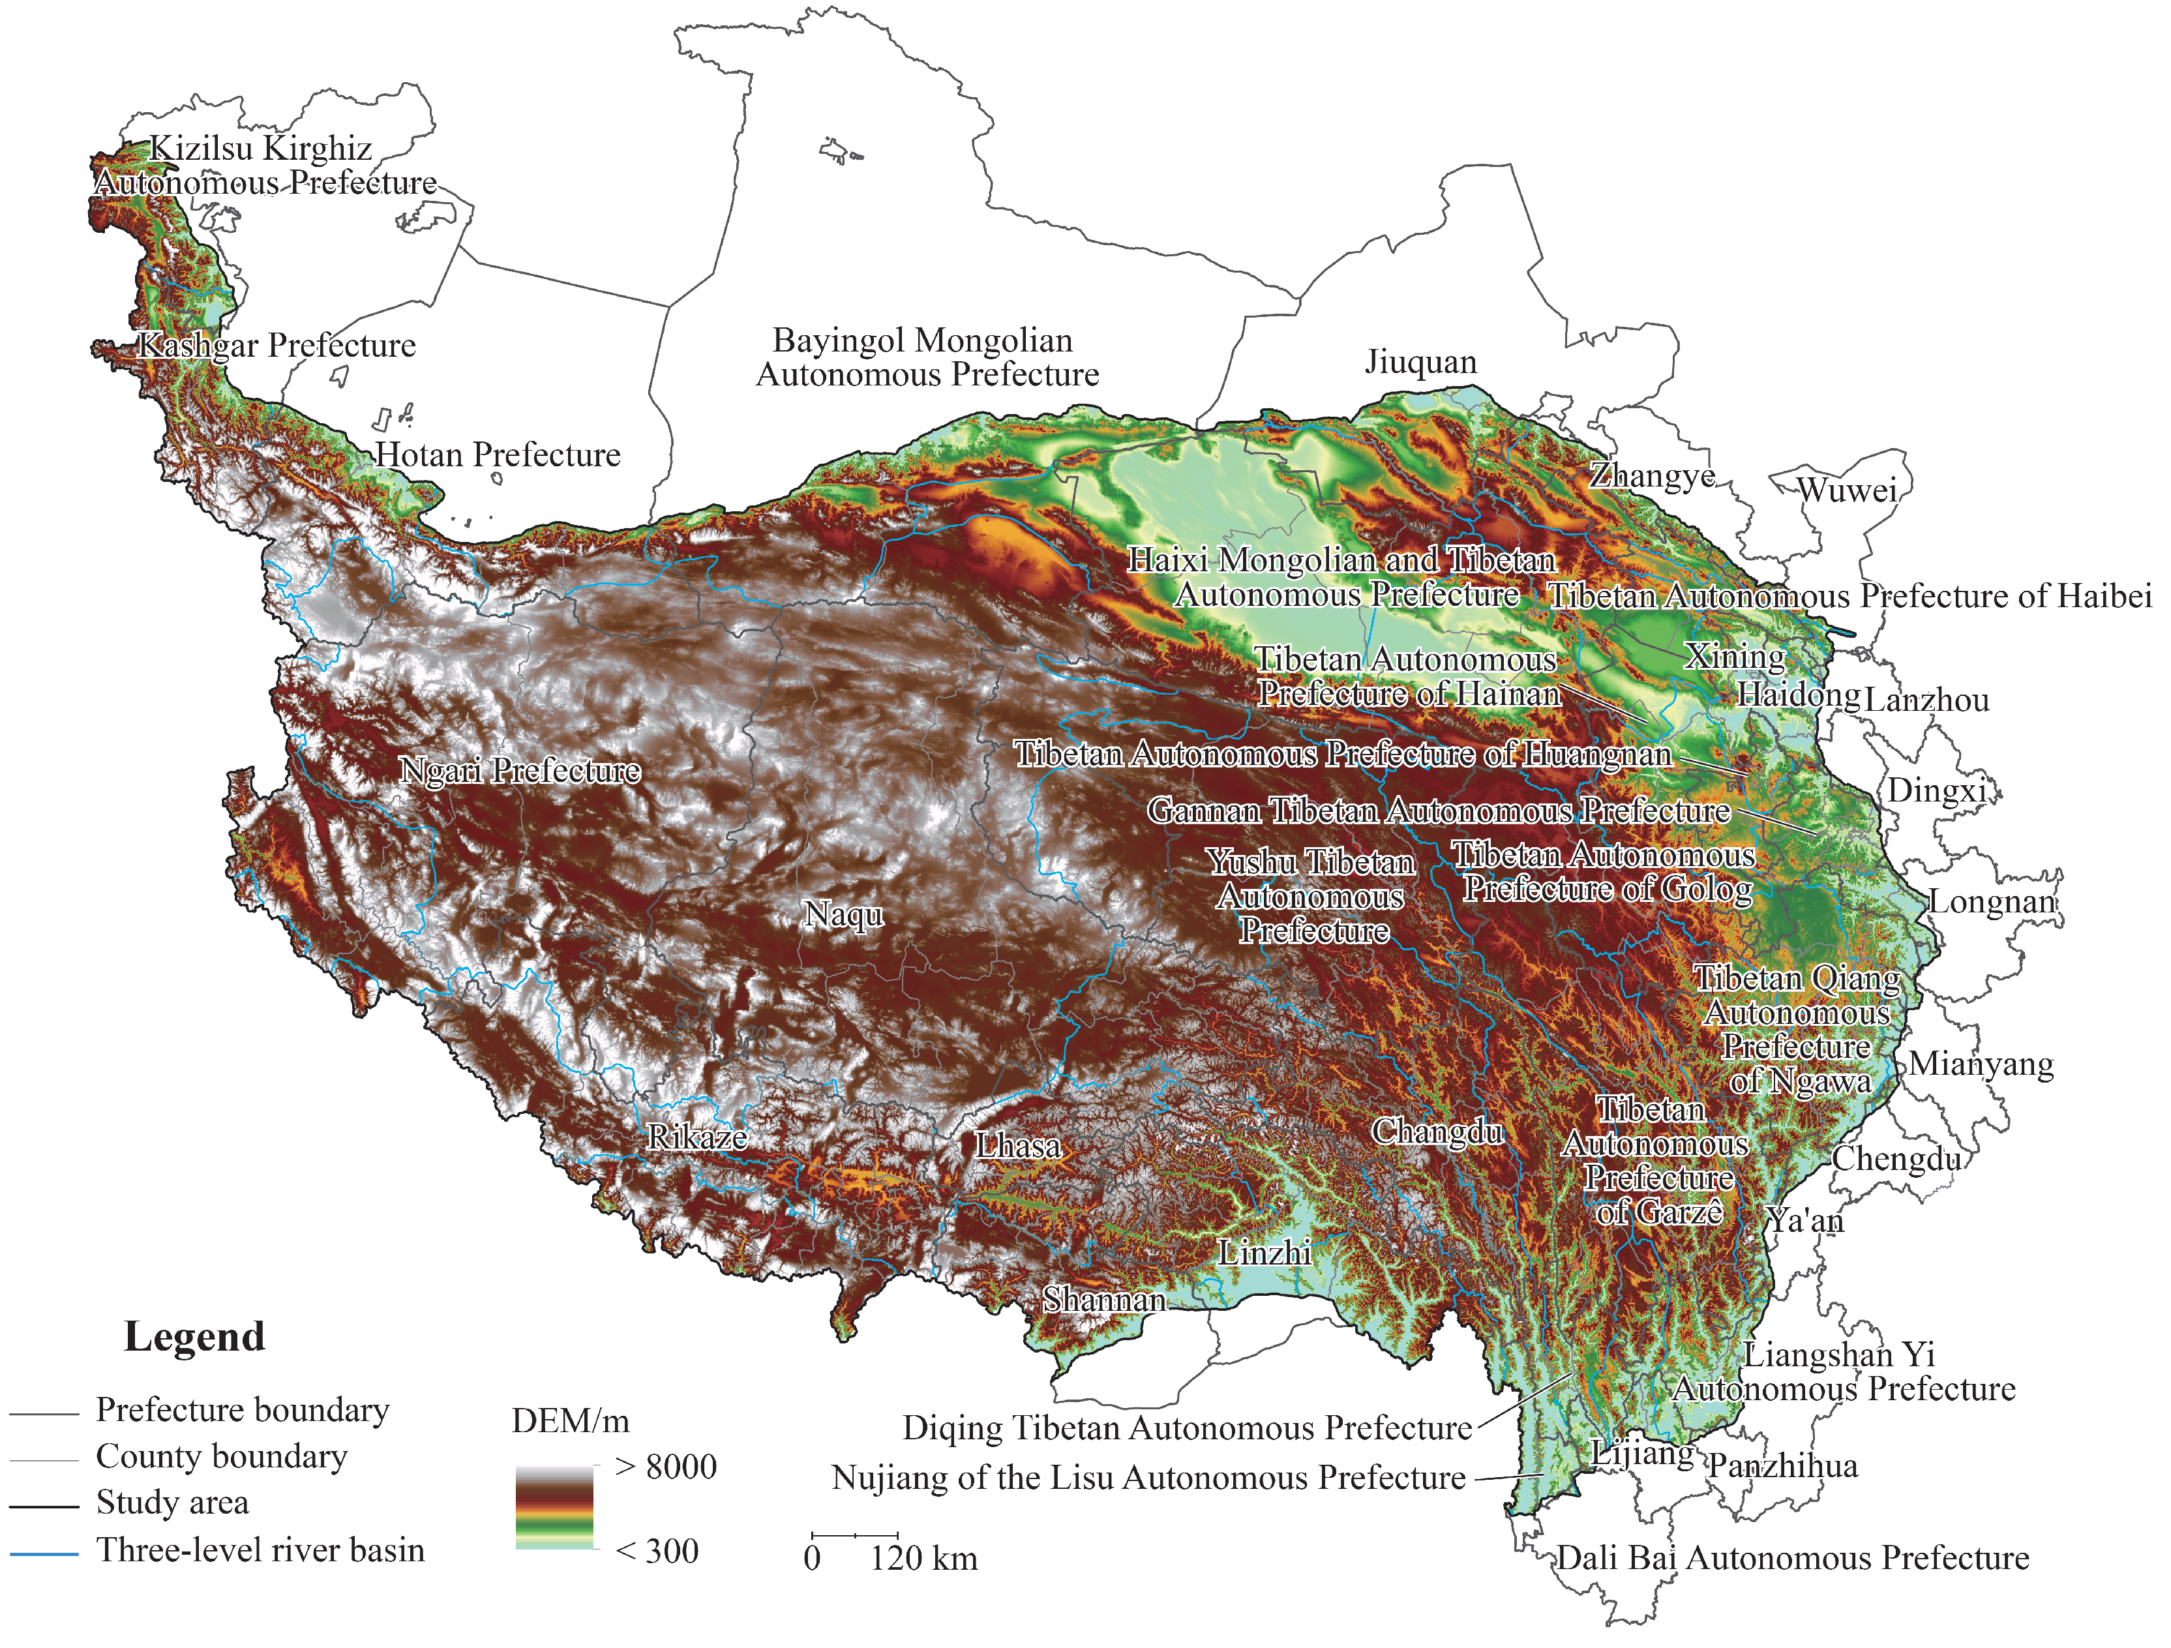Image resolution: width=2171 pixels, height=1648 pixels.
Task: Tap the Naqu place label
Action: click(x=843, y=915)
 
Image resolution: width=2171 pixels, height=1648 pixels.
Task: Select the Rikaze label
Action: click(x=697, y=1137)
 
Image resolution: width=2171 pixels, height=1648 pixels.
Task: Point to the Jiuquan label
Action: click(x=1420, y=362)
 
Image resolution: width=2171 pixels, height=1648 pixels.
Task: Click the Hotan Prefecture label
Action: click(x=498, y=455)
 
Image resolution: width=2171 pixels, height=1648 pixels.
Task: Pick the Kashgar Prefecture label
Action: click(x=277, y=346)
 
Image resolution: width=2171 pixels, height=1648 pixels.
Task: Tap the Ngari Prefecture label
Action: click(x=520, y=770)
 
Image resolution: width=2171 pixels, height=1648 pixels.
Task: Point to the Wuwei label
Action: click(x=1846, y=490)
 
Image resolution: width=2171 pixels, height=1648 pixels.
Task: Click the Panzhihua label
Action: click(x=1782, y=1467)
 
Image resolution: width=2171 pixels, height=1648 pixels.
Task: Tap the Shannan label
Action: click(x=1103, y=1300)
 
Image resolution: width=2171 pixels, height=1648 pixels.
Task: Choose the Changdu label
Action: click(x=1437, y=1131)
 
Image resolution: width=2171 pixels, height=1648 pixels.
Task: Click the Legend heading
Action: click(x=194, y=1337)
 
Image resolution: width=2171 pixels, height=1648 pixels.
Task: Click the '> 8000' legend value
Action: click(x=665, y=1467)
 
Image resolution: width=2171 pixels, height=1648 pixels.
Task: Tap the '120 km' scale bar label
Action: click(x=923, y=1559)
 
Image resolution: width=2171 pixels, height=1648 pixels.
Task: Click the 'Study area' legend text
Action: click(x=172, y=1503)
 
